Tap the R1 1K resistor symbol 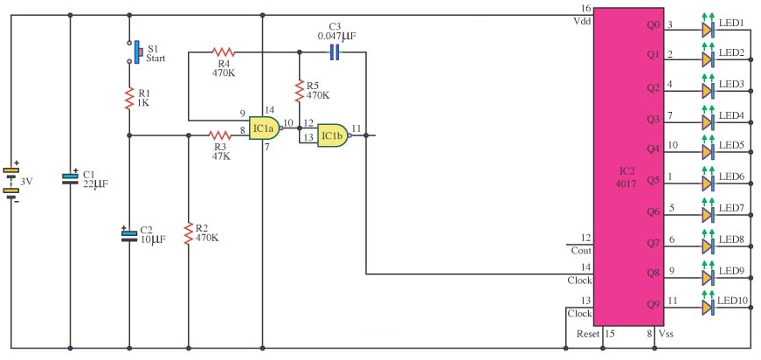(x=129, y=98)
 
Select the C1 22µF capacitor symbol (x=70, y=178)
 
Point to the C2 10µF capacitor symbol (x=129, y=235)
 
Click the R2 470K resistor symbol (x=189, y=233)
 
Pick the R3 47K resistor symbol (x=221, y=135)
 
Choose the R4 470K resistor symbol (x=224, y=52)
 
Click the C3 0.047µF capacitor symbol (x=334, y=52)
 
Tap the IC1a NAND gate (x=265, y=128)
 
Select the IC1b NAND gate (x=334, y=135)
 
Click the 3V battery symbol (x=10, y=183)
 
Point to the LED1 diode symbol (x=708, y=30)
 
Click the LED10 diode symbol (x=708, y=307)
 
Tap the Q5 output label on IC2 (x=654, y=181)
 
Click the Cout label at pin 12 (x=581, y=251)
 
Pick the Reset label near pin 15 (x=588, y=334)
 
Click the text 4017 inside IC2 (x=626, y=185)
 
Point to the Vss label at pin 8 (x=666, y=334)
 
